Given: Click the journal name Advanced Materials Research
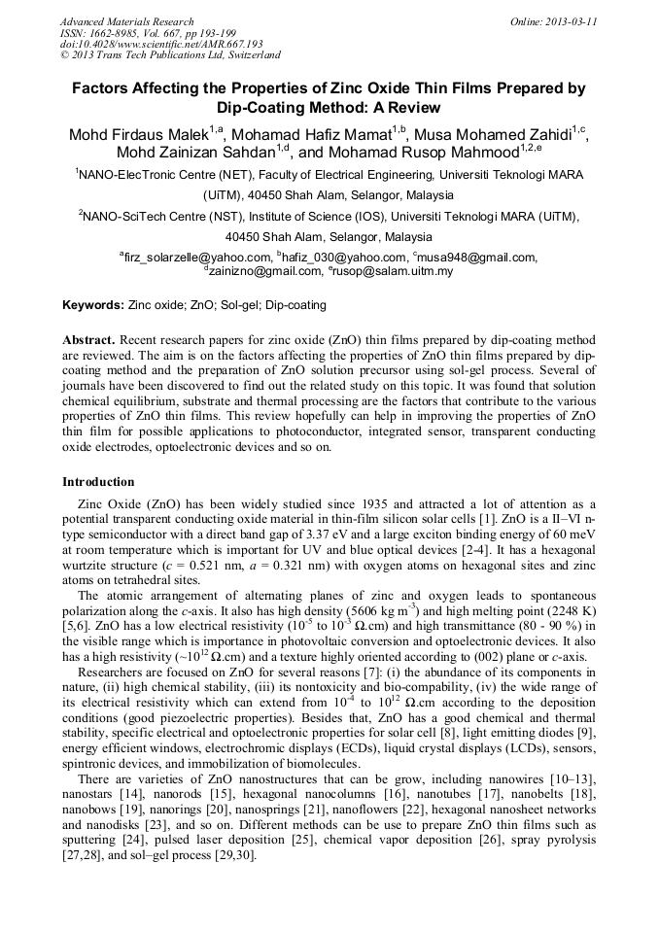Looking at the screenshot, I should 126,21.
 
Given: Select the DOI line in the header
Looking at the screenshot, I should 161,44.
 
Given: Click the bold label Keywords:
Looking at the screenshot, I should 93,305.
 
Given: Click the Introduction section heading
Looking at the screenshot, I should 98,482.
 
